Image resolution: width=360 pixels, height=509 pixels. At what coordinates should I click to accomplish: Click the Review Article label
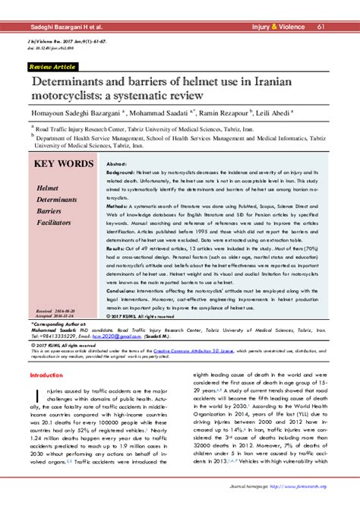52,67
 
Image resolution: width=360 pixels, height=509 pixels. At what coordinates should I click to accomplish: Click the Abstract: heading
116,164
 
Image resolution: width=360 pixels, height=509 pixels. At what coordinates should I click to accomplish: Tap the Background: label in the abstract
123,174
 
